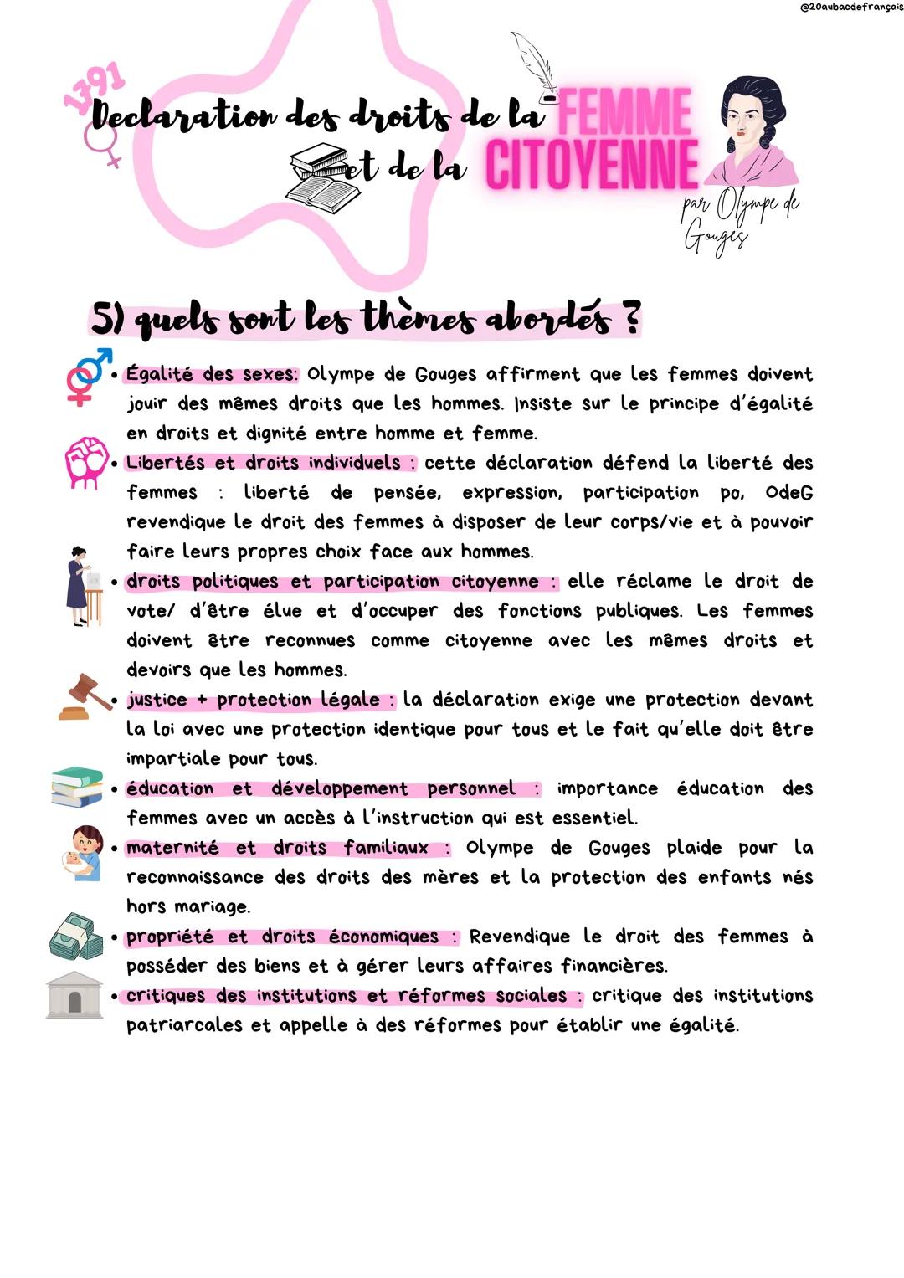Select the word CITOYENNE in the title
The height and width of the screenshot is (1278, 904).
(591, 164)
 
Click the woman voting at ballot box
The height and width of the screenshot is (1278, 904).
(84, 587)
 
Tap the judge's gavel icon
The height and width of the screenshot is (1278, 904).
(85, 697)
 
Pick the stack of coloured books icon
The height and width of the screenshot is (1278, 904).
(77, 787)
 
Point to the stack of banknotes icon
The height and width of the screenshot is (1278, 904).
(76, 936)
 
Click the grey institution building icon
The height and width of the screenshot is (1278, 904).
(74, 995)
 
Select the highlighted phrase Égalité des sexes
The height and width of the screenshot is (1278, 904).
(212, 374)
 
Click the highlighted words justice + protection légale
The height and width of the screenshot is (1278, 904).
(259, 700)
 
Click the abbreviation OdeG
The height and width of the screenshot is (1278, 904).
(788, 492)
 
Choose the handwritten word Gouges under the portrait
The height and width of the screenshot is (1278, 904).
(715, 236)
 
